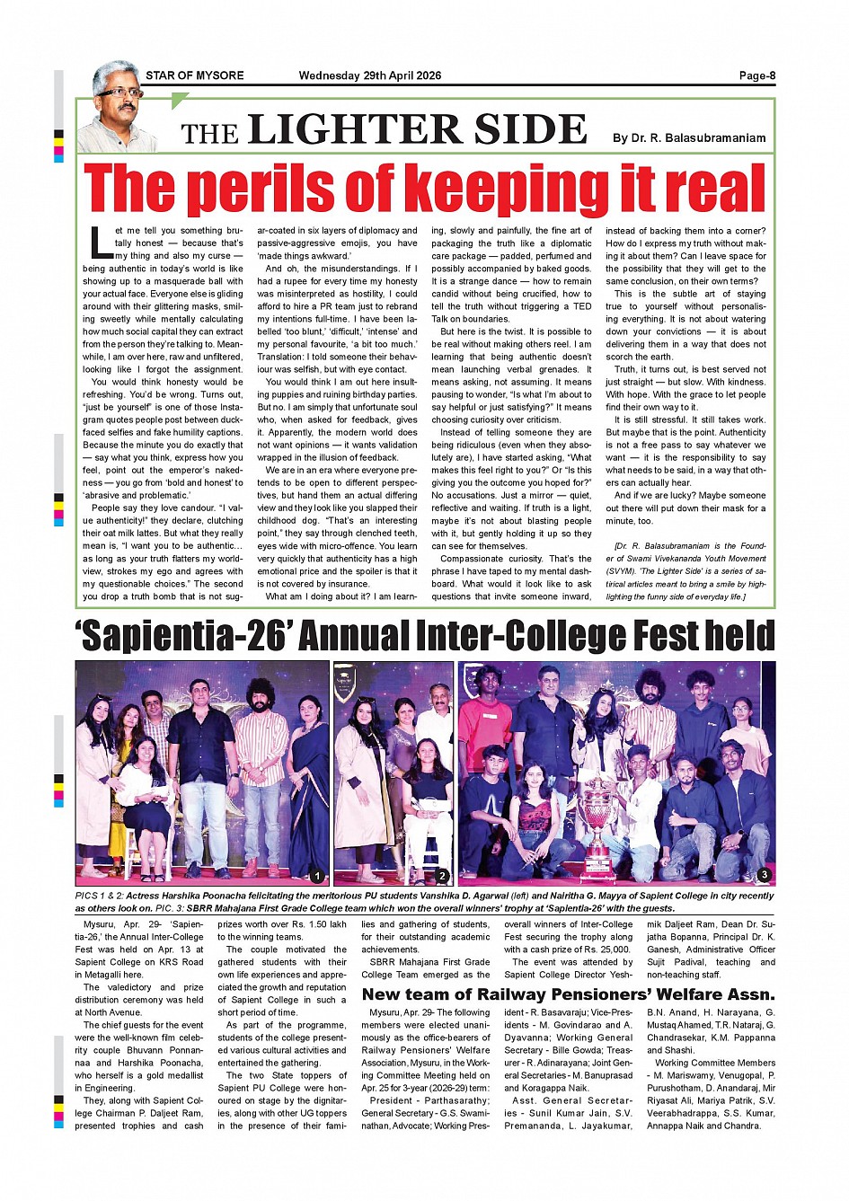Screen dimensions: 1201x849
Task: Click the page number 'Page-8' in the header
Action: (x=756, y=75)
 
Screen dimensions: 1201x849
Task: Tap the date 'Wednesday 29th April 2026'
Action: (x=370, y=75)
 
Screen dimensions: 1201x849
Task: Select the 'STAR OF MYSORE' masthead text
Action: (x=194, y=75)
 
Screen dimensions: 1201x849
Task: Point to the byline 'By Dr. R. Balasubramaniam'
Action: (x=689, y=138)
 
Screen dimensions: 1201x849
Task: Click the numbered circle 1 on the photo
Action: (x=316, y=876)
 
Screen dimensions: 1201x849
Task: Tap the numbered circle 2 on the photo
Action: (x=442, y=876)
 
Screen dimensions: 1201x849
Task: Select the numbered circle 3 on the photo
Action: (x=764, y=874)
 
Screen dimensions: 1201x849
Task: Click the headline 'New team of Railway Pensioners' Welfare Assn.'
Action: (x=568, y=994)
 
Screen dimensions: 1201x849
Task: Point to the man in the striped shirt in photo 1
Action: (x=261, y=764)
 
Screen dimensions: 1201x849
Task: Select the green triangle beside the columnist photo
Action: (x=180, y=100)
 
